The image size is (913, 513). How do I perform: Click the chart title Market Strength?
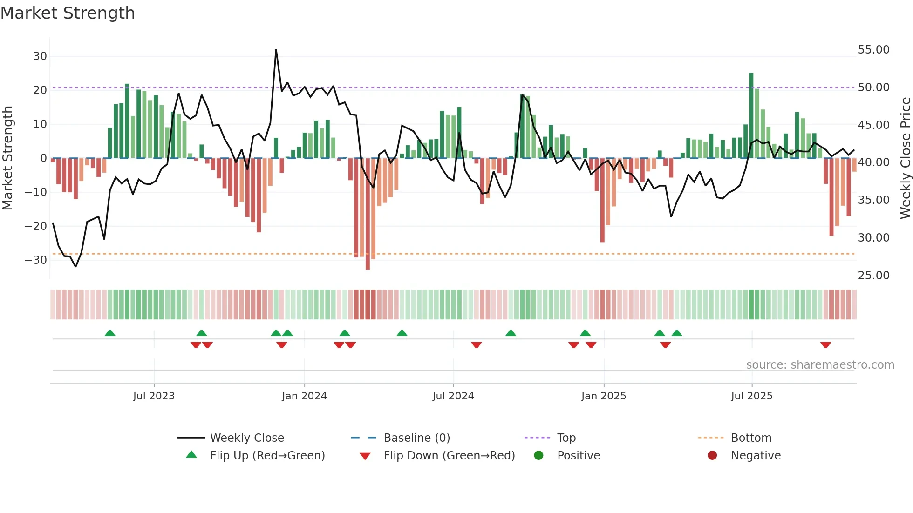coord(68,13)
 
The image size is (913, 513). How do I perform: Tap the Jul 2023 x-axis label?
coord(154,396)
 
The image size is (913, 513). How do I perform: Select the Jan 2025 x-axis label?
coord(604,396)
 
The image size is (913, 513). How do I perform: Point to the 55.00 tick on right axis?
coord(873,50)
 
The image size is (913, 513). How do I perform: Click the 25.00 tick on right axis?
coord(873,276)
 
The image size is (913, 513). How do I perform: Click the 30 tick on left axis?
coord(40,56)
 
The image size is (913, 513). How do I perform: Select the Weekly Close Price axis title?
coord(905,158)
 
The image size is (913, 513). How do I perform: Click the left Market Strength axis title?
coord(7,158)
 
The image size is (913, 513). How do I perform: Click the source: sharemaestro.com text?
coord(820,365)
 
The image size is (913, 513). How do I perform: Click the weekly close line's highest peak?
coord(276,50)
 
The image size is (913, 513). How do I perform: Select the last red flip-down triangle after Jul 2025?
coord(825,345)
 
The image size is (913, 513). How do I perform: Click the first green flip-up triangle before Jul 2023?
coord(110,333)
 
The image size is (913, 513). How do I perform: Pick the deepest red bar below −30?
coord(368,214)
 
